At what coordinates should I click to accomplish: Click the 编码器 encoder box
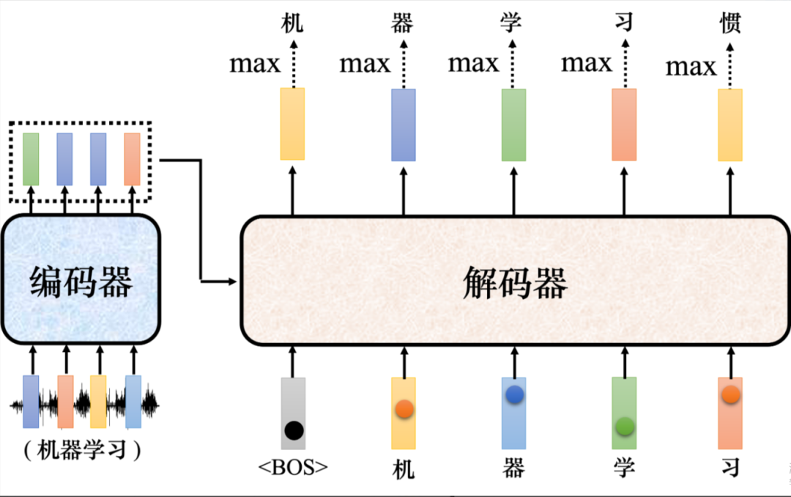tap(81, 281)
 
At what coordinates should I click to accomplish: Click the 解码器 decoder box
tap(515, 281)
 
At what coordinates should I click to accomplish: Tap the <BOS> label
tap(293, 467)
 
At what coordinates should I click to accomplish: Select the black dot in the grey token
tap(294, 430)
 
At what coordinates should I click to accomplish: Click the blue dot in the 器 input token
tap(514, 394)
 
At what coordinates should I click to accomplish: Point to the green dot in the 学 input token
tap(624, 425)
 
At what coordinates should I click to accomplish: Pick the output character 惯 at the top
tap(730, 23)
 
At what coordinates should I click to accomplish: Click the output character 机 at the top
tap(292, 23)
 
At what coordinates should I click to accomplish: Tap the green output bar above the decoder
tap(513, 125)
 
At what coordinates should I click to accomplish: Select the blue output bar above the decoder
tap(403, 125)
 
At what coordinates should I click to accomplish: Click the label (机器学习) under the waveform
tap(81, 449)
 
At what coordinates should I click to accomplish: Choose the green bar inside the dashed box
tap(31, 158)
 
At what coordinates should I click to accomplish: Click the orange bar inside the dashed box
tap(132, 158)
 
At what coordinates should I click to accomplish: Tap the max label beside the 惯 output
tap(691, 67)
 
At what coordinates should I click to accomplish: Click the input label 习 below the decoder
tap(730, 468)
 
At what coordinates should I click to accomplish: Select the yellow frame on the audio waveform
tap(98, 401)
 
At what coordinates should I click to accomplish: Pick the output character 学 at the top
tap(512, 23)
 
